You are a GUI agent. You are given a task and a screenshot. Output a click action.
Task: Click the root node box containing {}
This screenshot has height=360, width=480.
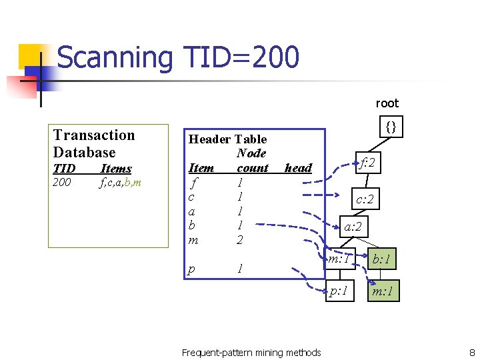pyautogui.click(x=391, y=125)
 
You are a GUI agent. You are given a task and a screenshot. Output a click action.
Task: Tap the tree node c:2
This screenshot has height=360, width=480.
pyautogui.click(x=365, y=199)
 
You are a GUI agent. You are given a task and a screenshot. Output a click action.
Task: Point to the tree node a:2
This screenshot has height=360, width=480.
pyautogui.click(x=353, y=227)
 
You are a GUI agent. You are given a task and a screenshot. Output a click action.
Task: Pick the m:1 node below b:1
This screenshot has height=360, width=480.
pyautogui.click(x=383, y=291)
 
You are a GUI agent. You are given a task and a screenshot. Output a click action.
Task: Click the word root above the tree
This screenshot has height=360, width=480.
pyautogui.click(x=387, y=103)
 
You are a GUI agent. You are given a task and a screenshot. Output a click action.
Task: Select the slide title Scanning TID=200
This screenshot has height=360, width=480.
pyautogui.click(x=178, y=57)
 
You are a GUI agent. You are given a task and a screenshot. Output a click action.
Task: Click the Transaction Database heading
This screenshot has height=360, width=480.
pyautogui.click(x=94, y=143)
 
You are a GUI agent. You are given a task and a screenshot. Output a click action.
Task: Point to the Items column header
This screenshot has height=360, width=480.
pyautogui.click(x=115, y=168)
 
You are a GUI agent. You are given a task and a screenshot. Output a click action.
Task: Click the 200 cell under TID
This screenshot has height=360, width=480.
pyautogui.click(x=61, y=182)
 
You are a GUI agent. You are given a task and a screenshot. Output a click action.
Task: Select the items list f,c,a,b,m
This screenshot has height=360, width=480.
pyautogui.click(x=120, y=182)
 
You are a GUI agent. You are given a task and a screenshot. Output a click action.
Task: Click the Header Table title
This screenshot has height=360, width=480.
pyautogui.click(x=227, y=139)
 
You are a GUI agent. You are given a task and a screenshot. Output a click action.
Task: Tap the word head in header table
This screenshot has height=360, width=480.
pyautogui.click(x=298, y=168)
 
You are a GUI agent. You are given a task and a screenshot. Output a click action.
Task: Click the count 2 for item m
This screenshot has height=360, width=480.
pyautogui.click(x=240, y=239)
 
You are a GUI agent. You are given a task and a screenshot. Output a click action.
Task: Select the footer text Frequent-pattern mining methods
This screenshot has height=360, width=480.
pyautogui.click(x=251, y=352)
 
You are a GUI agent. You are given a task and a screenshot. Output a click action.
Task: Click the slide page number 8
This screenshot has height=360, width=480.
pyautogui.click(x=471, y=352)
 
